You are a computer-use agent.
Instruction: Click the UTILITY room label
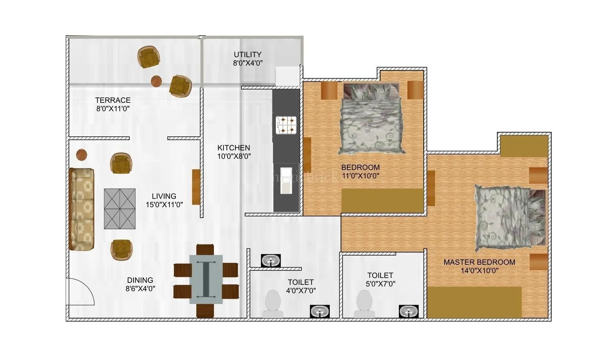click(x=247, y=54)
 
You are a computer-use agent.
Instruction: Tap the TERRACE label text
click(x=113, y=100)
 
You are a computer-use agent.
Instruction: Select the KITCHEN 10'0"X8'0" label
click(x=234, y=152)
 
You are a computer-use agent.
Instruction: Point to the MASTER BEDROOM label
click(x=479, y=262)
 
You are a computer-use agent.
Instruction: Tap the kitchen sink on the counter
click(x=286, y=181)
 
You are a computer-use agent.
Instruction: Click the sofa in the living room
click(x=82, y=209)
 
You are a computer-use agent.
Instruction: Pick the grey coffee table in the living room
click(x=120, y=208)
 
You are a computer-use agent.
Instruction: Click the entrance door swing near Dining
click(x=80, y=292)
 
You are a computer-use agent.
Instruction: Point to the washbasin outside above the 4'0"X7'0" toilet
click(x=271, y=261)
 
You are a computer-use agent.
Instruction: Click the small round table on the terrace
click(x=156, y=81)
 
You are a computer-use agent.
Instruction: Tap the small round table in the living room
click(x=82, y=154)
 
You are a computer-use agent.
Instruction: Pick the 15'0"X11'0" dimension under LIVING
click(x=164, y=205)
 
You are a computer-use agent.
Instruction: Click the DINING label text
click(x=140, y=280)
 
